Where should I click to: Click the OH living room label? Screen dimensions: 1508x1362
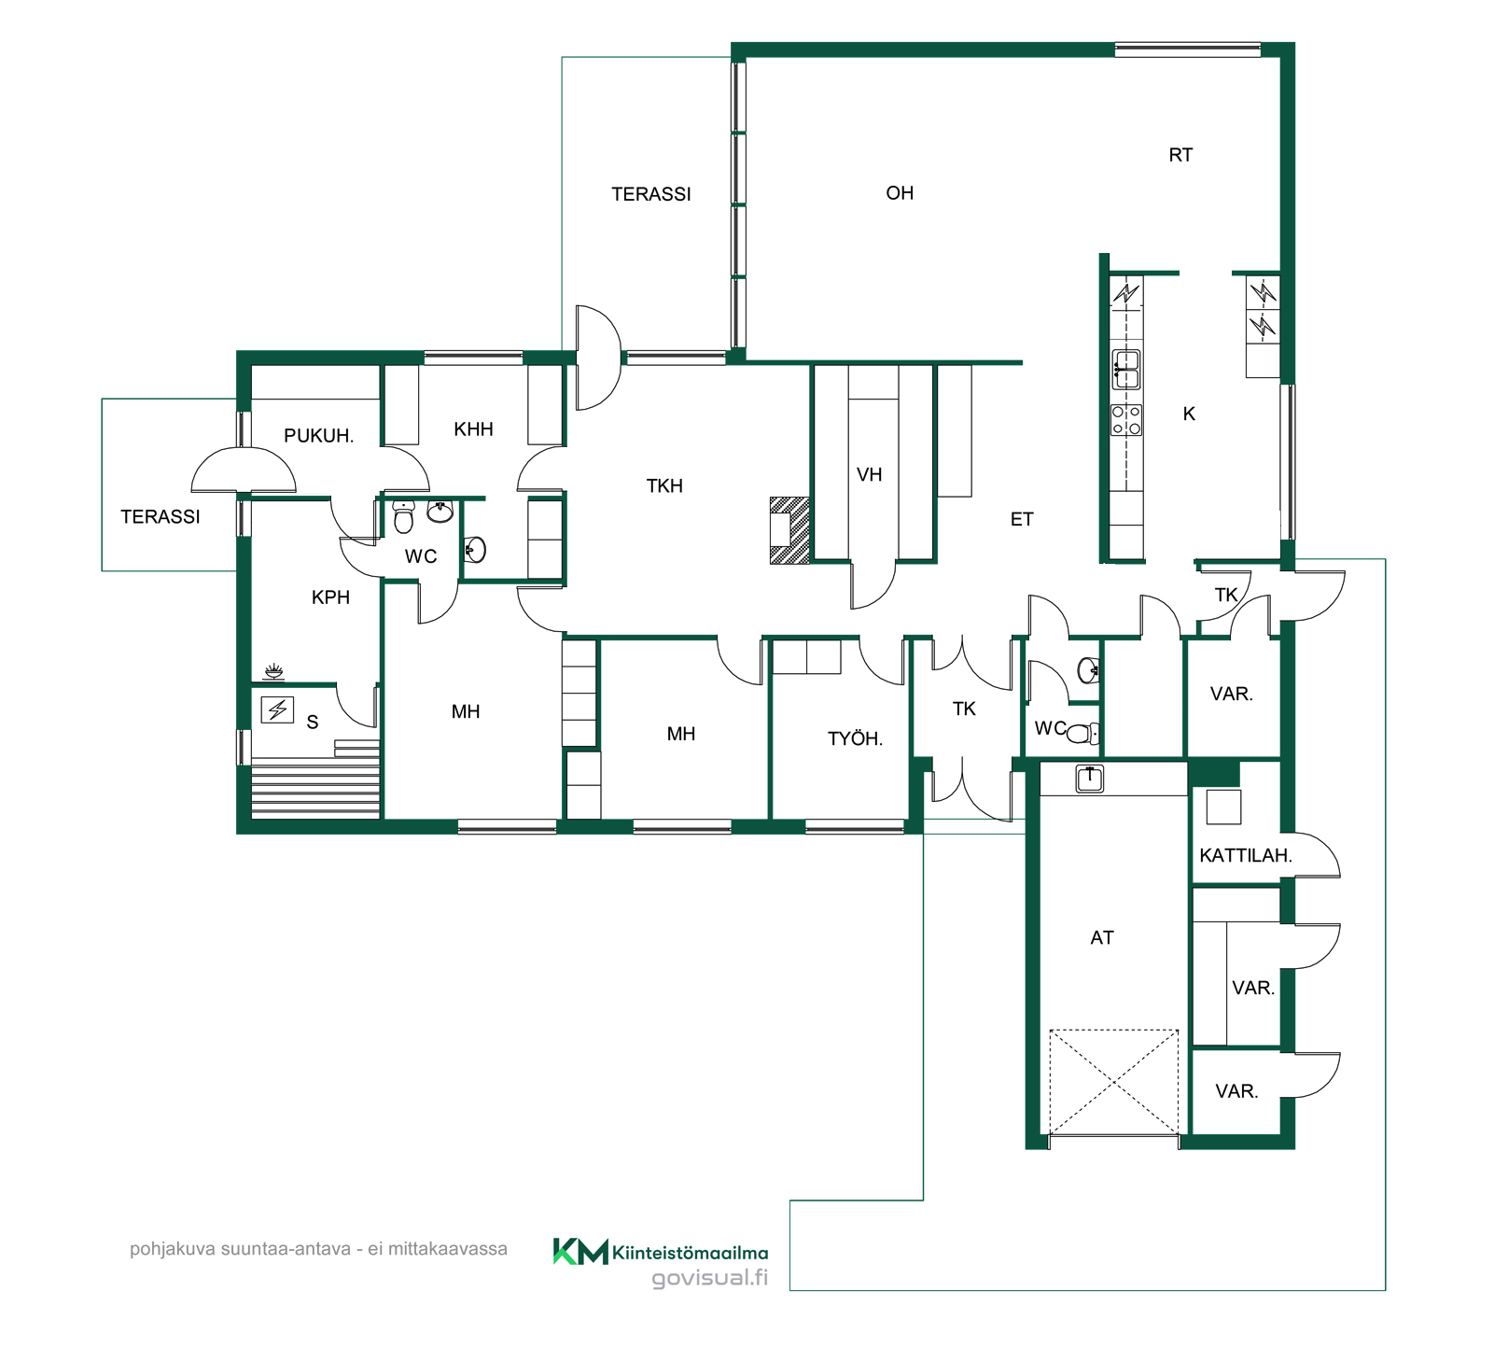coord(900,193)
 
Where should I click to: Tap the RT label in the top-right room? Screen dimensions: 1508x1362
coord(1180,155)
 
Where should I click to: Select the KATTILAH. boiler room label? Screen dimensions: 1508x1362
coord(1245,855)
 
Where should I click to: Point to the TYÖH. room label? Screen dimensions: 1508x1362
coord(855,738)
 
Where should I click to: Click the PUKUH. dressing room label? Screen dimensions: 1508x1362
coord(318,436)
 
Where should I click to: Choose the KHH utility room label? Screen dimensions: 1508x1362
coord(473,429)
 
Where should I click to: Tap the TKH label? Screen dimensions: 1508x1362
coord(664,485)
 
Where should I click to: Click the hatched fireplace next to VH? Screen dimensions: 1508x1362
coord(789,530)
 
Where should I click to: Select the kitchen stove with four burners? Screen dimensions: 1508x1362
coord(1126,420)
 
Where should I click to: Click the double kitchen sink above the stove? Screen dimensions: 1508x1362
coord(1126,370)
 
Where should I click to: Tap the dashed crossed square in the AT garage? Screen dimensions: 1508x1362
coord(1114,1083)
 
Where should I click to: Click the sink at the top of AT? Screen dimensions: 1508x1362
coord(1090,778)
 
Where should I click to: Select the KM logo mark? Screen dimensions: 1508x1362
coord(580,1251)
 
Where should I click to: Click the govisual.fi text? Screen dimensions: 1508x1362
coord(709,1278)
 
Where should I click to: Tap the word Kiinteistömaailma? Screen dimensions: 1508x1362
coord(691,1253)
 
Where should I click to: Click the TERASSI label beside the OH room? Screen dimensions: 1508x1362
coord(651,194)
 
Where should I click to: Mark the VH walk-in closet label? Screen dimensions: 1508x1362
coord(869,474)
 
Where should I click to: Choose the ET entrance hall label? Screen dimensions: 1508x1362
coord(1022,519)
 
